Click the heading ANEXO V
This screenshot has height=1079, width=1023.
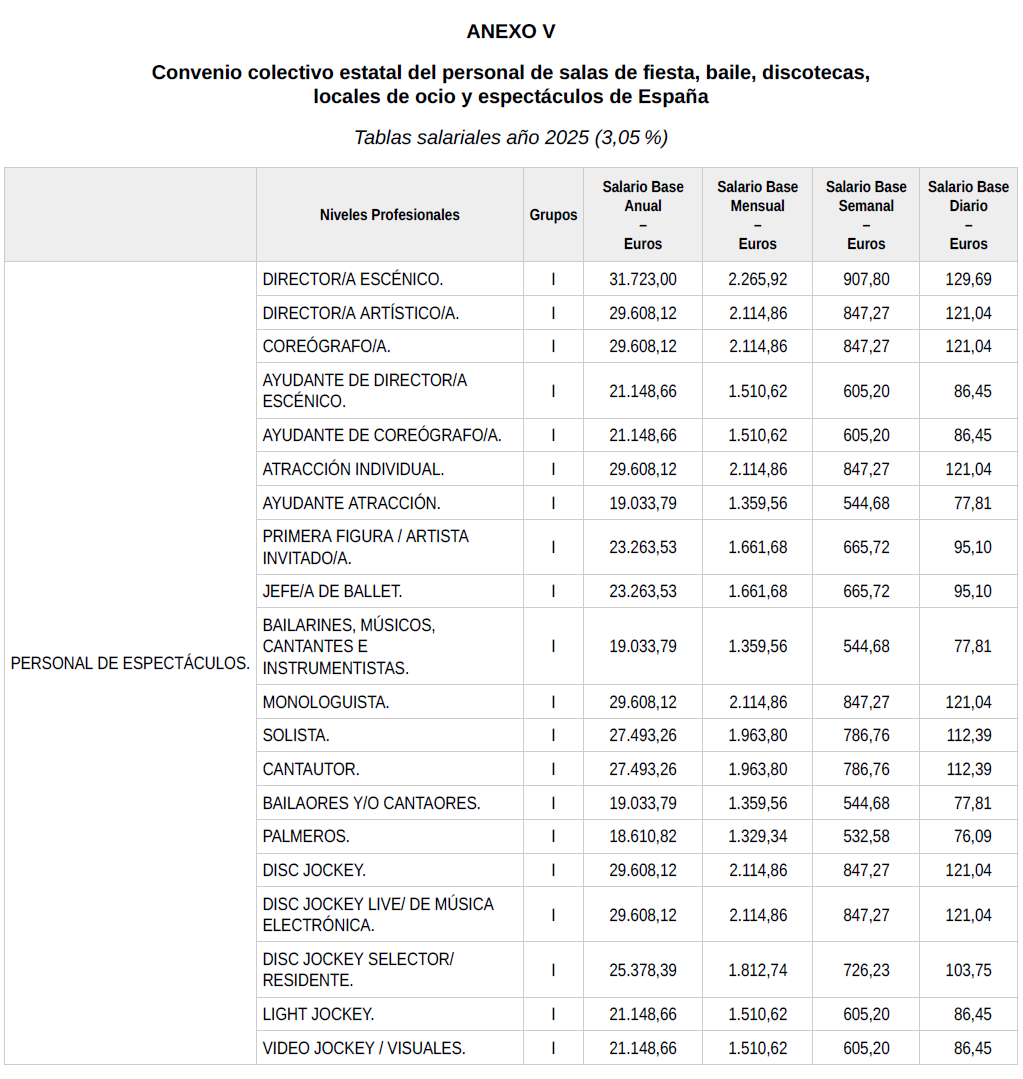coord(510,31)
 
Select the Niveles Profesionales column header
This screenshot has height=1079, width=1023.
coord(389,215)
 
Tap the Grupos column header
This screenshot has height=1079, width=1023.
coord(553,215)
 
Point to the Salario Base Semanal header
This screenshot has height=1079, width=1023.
coord(866,215)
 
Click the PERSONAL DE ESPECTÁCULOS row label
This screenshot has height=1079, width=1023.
coord(130,663)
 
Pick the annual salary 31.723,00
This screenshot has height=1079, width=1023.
coord(642,279)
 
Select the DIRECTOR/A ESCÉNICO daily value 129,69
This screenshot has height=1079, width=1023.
coord(968,279)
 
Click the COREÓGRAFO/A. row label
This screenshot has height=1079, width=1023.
coord(326,346)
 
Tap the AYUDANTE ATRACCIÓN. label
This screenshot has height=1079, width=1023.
coord(351,503)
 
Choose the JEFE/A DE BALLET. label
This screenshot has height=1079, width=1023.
coord(332,591)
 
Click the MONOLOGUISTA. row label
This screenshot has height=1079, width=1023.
coord(326,702)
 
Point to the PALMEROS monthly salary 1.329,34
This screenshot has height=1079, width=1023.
coord(757,836)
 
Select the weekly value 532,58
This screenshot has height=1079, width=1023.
coord(866,836)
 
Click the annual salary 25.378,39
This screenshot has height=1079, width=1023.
coord(642,970)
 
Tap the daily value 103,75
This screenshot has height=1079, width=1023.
coord(968,970)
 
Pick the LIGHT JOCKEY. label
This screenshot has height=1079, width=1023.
coord(318,1014)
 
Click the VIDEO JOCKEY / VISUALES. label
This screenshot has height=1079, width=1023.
coord(364,1048)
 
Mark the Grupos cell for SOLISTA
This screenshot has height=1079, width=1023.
coord(553,735)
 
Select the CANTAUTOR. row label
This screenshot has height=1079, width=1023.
coord(311,769)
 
